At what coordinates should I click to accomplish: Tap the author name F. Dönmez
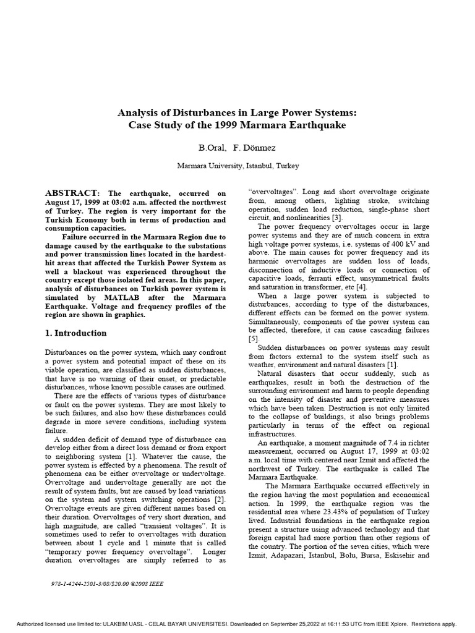click(x=256, y=148)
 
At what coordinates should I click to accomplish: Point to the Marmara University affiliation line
click(x=237, y=166)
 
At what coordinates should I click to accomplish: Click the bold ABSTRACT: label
click(x=72, y=193)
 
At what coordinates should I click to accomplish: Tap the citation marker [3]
click(x=339, y=218)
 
